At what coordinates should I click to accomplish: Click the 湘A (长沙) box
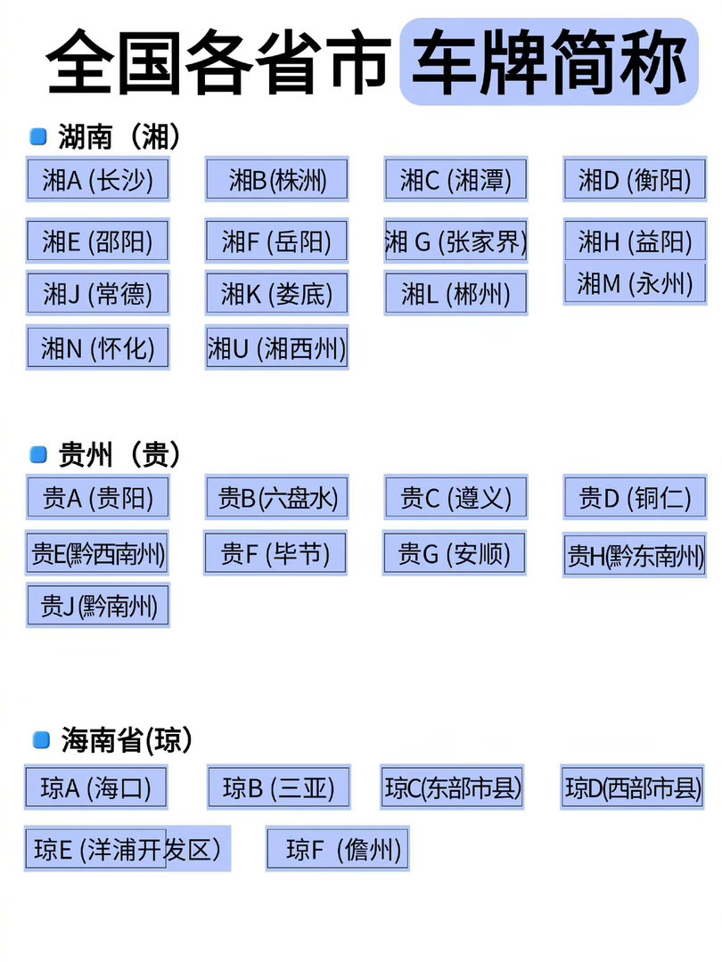click(98, 179)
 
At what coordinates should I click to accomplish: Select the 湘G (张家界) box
click(455, 240)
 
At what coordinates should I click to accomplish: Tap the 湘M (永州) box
click(635, 284)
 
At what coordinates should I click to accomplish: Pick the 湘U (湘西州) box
click(277, 348)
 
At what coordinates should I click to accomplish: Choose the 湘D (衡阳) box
click(635, 179)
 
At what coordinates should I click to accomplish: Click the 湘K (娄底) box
click(276, 293)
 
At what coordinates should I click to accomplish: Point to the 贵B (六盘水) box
click(277, 497)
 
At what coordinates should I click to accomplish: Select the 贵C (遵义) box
click(455, 497)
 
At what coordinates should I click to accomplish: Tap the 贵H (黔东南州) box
click(635, 555)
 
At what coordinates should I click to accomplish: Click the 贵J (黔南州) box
click(98, 606)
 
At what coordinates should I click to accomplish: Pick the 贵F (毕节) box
click(275, 553)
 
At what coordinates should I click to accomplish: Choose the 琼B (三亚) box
click(278, 787)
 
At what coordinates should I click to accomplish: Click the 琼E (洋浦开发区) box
click(127, 849)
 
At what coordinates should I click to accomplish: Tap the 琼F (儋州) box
click(338, 849)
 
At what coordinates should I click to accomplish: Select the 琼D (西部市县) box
click(632, 787)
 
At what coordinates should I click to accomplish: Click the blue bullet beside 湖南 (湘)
click(38, 136)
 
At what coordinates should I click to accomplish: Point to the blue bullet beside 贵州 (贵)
click(38, 454)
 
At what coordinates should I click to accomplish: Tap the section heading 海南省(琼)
click(127, 740)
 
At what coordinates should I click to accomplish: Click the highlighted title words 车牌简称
click(549, 61)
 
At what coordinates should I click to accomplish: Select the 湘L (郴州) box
click(455, 293)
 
